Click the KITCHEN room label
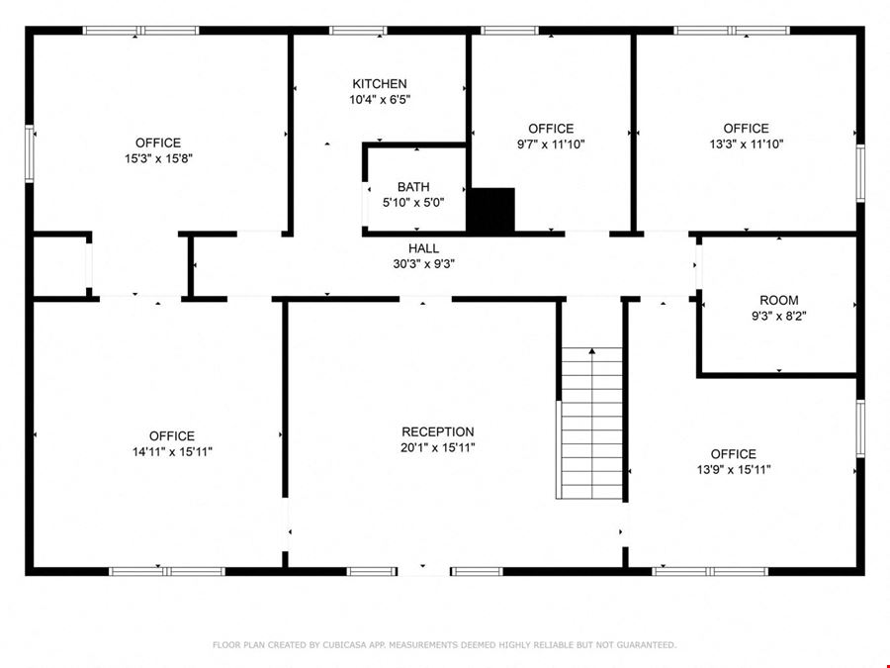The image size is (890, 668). pos(379,84)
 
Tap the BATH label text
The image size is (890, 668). pos(413,187)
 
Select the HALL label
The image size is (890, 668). pos(423,248)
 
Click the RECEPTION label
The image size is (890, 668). pos(438,431)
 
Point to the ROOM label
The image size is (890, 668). pos(779,301)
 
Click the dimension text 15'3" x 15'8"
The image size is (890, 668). pos(158,158)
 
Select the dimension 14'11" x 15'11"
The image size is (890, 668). pos(172,452)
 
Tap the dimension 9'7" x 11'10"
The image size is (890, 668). pos(551,144)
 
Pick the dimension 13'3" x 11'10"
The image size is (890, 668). pos(746,144)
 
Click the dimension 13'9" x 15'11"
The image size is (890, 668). pos(734,470)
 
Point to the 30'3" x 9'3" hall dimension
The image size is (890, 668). pos(423,264)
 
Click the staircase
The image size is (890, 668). pos(591,424)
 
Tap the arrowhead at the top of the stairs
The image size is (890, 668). pos(592,351)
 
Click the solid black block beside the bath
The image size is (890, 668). pos(490,210)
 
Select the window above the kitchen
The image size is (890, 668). pos(358,31)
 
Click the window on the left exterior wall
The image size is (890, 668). pos(30,154)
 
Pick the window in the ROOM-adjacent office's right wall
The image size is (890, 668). pos(860,429)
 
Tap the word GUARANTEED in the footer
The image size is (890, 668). pos(647,644)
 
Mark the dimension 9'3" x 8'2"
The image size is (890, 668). pos(779,317)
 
